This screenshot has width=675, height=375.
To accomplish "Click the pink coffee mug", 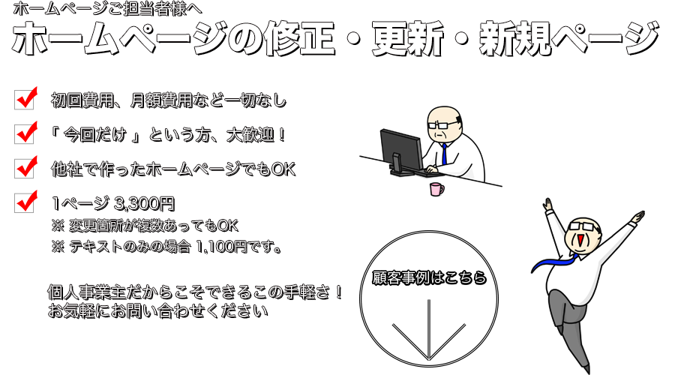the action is click(436, 189).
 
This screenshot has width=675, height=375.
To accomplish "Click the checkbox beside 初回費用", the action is click(25, 99).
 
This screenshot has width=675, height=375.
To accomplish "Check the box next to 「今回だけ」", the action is click(25, 133).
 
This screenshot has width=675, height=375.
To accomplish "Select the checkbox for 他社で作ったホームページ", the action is click(25, 168).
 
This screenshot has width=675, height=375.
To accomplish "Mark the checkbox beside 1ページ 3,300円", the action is click(25, 202).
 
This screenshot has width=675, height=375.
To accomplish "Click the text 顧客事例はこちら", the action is click(429, 277).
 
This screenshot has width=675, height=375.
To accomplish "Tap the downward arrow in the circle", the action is click(429, 330).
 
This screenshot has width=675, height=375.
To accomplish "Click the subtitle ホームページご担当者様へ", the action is click(107, 8).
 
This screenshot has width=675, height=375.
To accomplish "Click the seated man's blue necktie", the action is click(444, 154).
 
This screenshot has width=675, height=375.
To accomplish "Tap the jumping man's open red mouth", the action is click(580, 241).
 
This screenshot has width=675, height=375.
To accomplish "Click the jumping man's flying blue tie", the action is click(554, 262).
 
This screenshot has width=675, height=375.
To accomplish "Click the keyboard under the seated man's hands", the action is click(428, 172).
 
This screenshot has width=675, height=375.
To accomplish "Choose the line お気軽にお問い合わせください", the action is click(157, 310).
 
